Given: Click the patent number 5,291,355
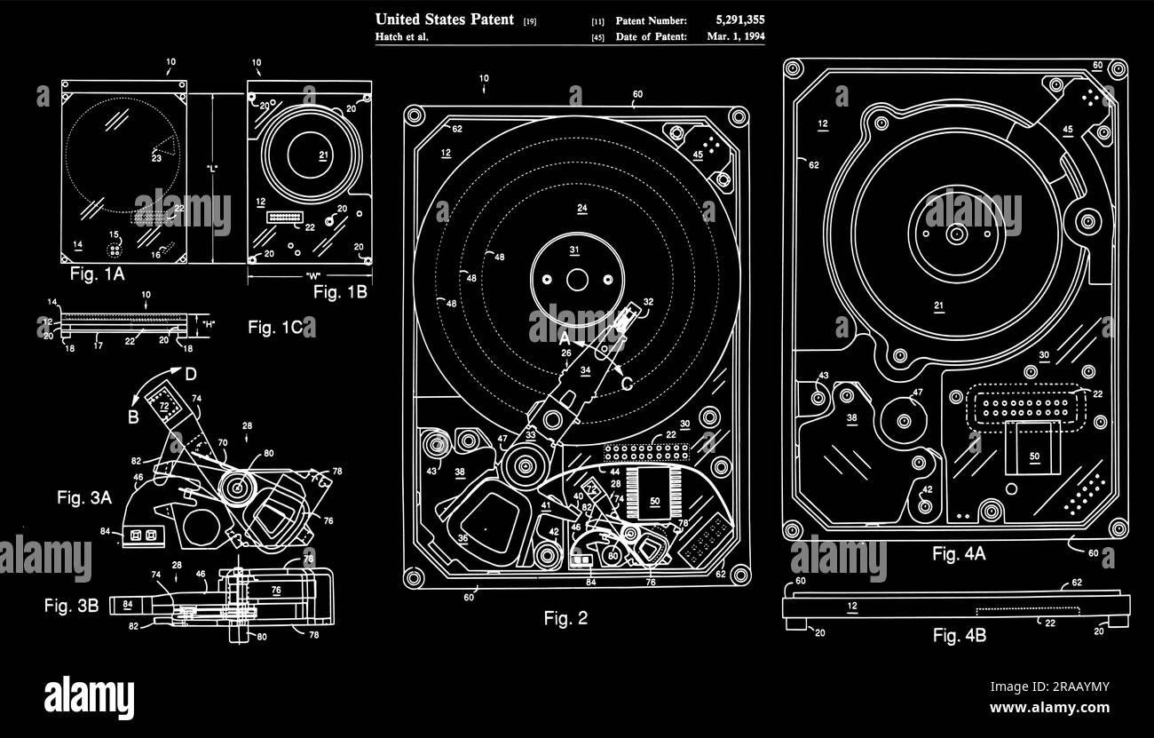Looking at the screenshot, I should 739,20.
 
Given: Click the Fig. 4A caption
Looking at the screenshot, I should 959,554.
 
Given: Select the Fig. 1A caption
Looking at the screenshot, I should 97,274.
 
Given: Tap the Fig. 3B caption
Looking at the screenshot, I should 72,606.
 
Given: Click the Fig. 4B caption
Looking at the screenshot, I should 959,635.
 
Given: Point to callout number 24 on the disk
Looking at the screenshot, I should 581,210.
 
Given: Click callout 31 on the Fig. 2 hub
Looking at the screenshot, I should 574,250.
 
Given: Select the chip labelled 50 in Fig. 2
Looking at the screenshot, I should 655,502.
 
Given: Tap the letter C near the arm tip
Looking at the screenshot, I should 626,384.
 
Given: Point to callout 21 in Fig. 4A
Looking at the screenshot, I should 939,306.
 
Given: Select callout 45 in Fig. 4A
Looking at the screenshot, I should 1067,130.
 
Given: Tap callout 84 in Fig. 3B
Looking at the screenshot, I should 127,605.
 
